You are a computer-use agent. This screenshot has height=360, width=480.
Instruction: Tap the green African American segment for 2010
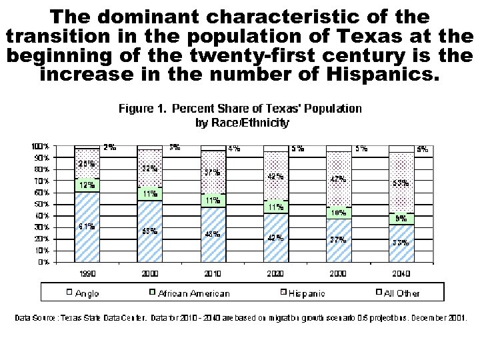coord(213,200)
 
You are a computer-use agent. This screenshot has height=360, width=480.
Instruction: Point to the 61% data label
coord(87,227)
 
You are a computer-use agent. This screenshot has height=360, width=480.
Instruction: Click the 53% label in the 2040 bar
coord(400,183)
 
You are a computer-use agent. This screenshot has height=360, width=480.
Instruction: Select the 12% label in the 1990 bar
coord(87,185)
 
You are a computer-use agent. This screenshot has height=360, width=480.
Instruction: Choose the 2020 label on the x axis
coord(275,273)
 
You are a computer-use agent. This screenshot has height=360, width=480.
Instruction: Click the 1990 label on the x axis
coord(87,273)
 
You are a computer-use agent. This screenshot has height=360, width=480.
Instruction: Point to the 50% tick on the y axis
coord(43,204)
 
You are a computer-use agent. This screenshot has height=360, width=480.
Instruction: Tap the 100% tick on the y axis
coord(41,146)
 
